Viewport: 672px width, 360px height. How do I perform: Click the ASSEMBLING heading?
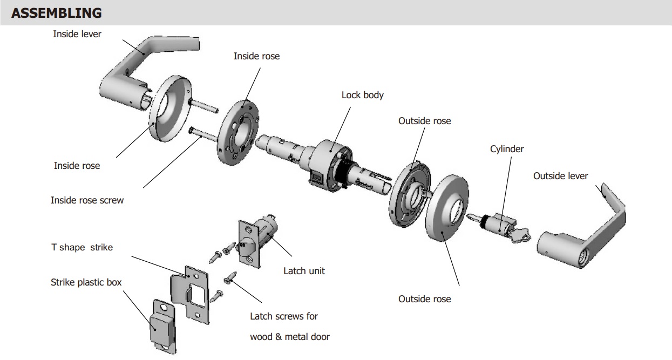click(x=56, y=13)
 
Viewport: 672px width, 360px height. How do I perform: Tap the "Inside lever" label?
click(x=77, y=33)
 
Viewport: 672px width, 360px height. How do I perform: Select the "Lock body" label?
click(x=362, y=95)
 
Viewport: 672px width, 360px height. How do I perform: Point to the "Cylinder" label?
click(x=507, y=148)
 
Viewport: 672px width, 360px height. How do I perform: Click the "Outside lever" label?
click(x=560, y=176)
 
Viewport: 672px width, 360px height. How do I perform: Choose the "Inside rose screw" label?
click(x=87, y=200)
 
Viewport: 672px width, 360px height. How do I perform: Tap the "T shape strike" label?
click(x=82, y=247)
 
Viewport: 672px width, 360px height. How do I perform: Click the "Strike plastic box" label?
click(x=86, y=282)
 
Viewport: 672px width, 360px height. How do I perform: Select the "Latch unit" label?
click(x=304, y=271)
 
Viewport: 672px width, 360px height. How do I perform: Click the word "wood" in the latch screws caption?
click(x=261, y=337)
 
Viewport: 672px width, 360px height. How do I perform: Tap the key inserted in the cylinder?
click(x=521, y=234)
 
